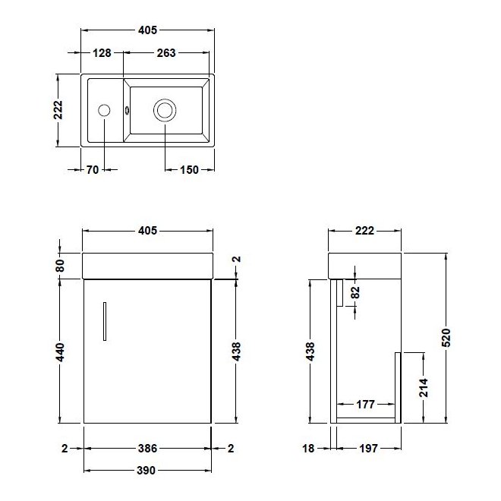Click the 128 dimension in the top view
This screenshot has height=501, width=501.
(x=102, y=53)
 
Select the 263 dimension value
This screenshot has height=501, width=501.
(x=166, y=53)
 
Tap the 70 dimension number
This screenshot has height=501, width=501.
(x=92, y=170)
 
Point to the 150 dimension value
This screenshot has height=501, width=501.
(x=189, y=170)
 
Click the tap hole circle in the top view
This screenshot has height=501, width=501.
(x=104, y=111)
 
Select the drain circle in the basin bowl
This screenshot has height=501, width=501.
(x=164, y=111)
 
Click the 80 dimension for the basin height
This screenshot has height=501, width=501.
(x=61, y=266)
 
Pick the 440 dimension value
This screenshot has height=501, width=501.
(x=61, y=351)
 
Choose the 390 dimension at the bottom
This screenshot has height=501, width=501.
(x=147, y=471)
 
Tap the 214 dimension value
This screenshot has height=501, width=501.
(x=424, y=389)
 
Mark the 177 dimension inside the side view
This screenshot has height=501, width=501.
(x=365, y=405)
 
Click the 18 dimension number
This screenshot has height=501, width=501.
(x=308, y=449)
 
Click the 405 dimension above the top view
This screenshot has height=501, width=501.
(x=147, y=30)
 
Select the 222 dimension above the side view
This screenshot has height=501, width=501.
(x=365, y=231)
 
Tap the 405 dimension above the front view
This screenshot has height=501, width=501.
(x=147, y=231)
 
